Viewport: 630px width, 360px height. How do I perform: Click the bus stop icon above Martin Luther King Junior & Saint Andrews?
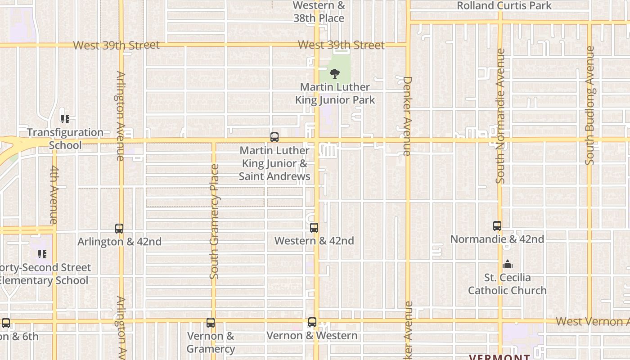click(274, 137)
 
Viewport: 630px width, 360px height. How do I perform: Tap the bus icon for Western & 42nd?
click(314, 228)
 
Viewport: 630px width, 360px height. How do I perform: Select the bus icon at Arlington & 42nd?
click(119, 229)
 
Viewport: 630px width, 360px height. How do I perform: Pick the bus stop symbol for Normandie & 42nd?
click(497, 226)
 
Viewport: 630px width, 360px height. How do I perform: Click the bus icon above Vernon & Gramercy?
click(211, 323)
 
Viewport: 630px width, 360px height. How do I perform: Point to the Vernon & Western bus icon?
click(312, 322)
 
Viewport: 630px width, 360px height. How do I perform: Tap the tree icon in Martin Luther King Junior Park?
click(334, 74)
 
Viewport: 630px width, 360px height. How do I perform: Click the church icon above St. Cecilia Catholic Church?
click(508, 264)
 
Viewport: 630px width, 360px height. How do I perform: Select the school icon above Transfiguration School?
click(65, 119)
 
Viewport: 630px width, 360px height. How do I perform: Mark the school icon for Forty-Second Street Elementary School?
click(42, 255)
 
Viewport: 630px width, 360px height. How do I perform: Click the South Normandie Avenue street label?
click(500, 116)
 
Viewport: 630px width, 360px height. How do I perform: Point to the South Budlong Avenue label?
click(590, 105)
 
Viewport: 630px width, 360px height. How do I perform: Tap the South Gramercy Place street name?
click(214, 221)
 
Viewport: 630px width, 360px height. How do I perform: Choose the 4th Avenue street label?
click(54, 195)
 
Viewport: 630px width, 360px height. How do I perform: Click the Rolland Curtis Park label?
click(504, 6)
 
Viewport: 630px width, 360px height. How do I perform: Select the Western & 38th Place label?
click(319, 12)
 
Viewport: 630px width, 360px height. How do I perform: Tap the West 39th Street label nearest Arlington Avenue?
click(116, 45)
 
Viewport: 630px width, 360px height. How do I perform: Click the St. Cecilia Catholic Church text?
click(507, 284)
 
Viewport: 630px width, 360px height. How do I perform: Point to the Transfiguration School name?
click(65, 139)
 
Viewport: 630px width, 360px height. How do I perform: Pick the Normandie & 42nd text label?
click(497, 239)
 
